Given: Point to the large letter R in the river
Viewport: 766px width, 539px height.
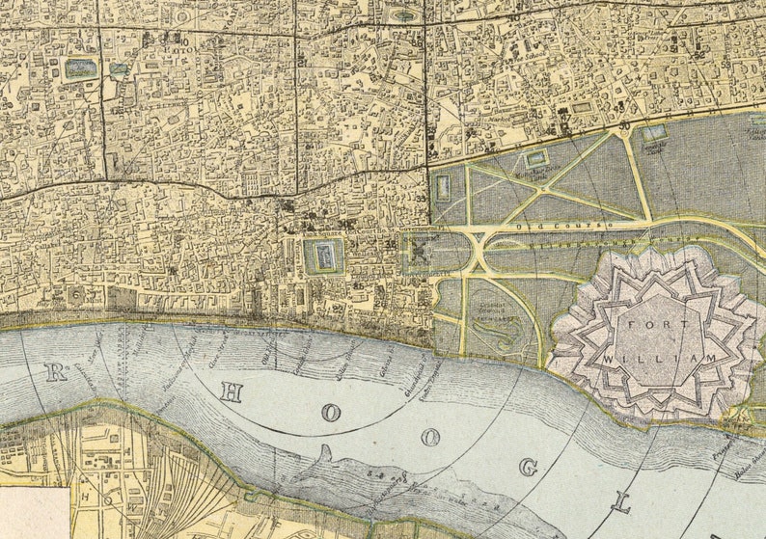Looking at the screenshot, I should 56,372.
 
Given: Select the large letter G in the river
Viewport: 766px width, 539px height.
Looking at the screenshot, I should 528,468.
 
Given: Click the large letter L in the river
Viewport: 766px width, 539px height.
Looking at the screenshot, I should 622,502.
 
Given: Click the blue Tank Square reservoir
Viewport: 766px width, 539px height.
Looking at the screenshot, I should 323,256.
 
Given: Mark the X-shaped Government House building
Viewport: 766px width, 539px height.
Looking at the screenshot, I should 421,251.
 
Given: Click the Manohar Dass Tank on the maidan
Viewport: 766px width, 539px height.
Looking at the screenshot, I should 536,157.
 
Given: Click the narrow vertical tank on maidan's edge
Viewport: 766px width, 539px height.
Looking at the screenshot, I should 442,187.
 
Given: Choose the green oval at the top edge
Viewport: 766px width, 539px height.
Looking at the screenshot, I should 404,15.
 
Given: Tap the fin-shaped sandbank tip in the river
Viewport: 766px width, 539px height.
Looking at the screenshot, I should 326,450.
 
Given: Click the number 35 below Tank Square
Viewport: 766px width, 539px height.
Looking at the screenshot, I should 358,285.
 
